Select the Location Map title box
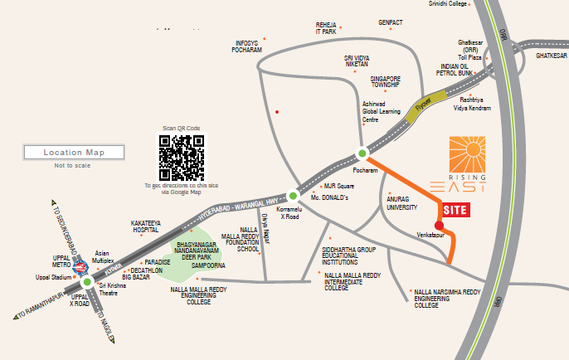(x=74, y=153)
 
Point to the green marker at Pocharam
(x=362, y=153)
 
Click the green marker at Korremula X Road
(x=293, y=197)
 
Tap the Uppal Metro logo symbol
(x=80, y=266)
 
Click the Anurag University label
(x=402, y=203)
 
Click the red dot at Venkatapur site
(x=439, y=225)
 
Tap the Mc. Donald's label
(x=329, y=198)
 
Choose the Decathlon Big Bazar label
(x=148, y=273)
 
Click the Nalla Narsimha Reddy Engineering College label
(x=449, y=299)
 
